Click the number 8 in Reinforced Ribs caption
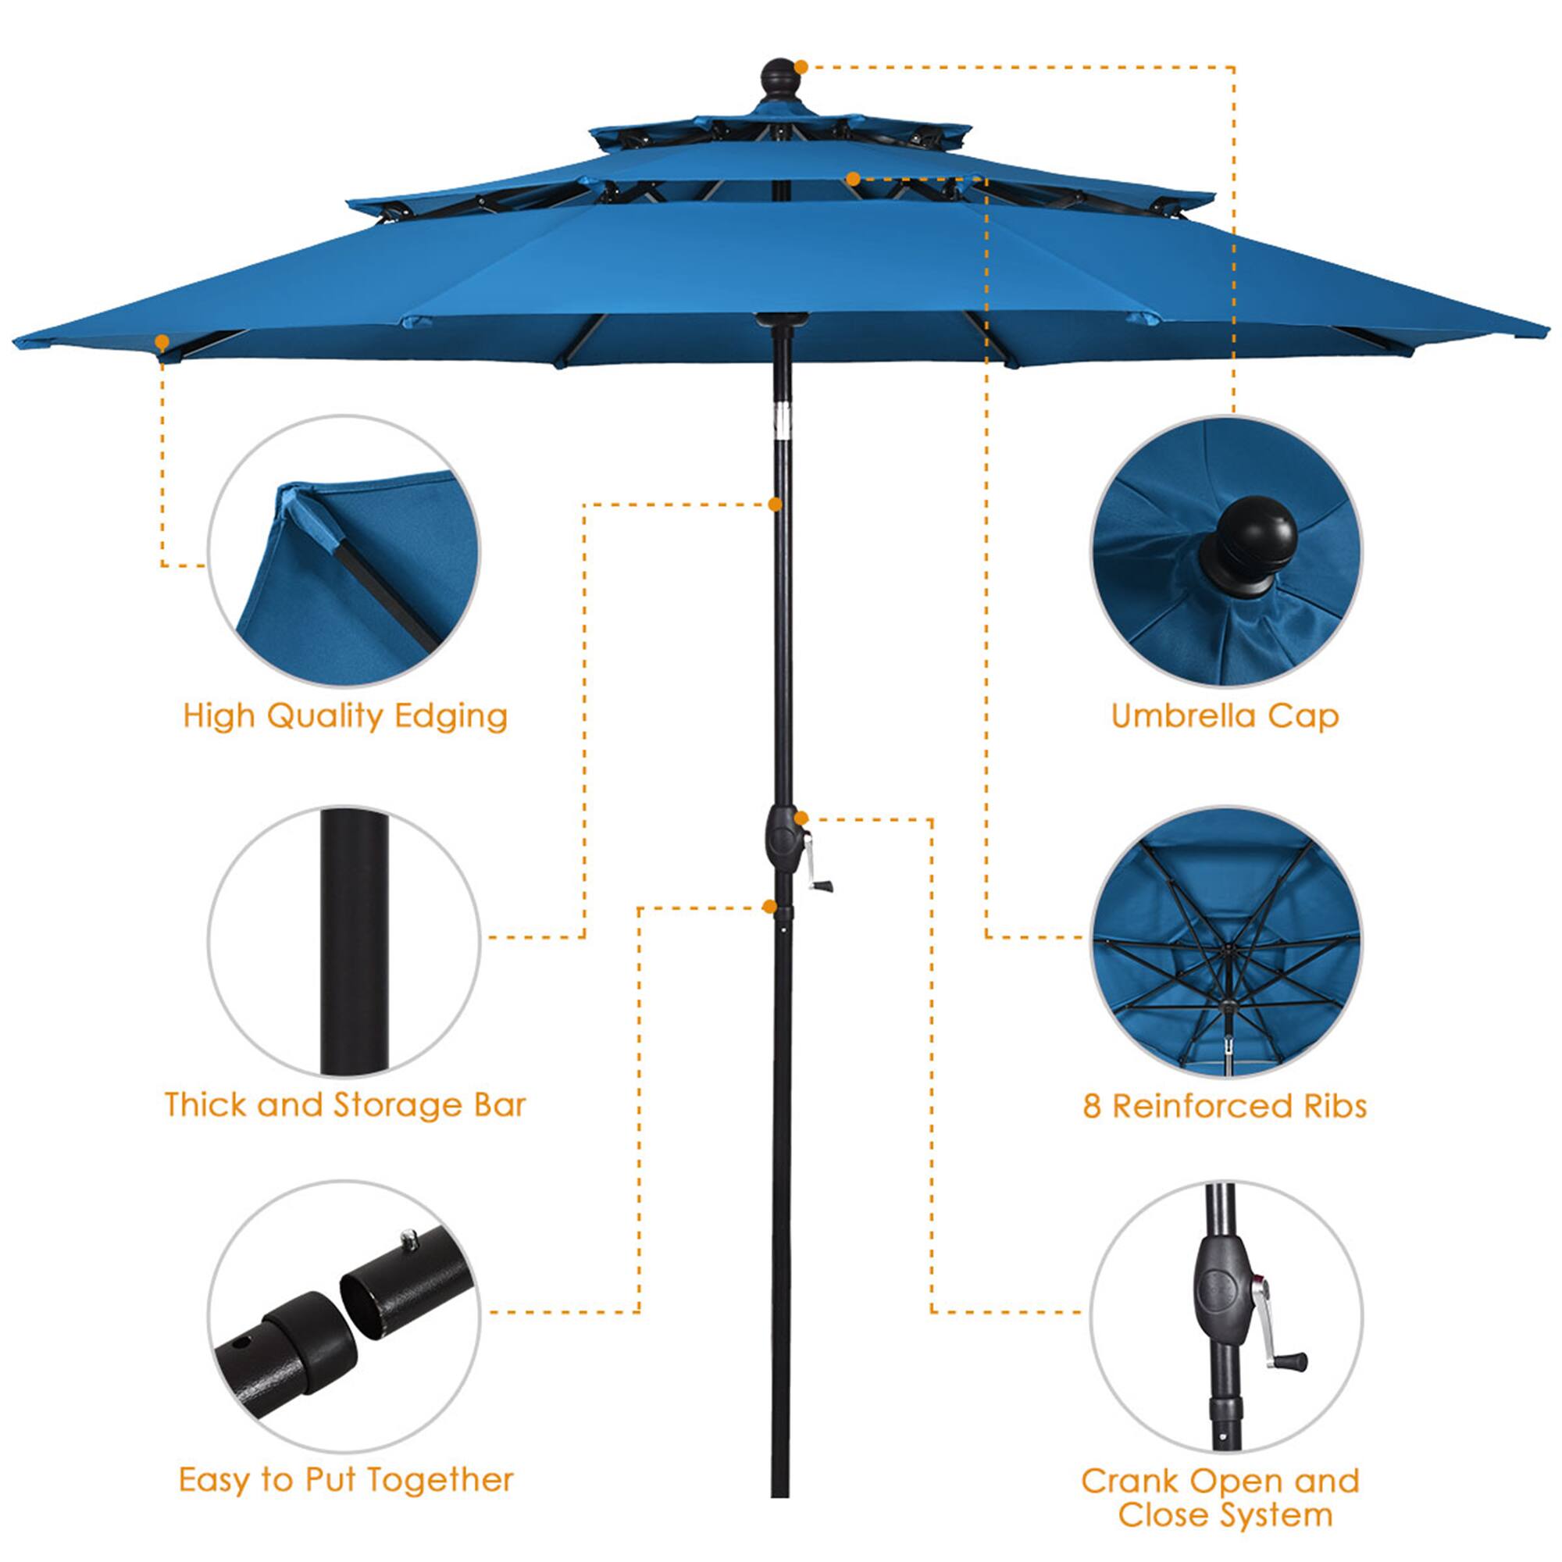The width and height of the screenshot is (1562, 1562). pos(1092,1106)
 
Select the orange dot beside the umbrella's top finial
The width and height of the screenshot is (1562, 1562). pos(801,67)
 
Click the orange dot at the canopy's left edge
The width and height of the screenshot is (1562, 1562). pos(162,342)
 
